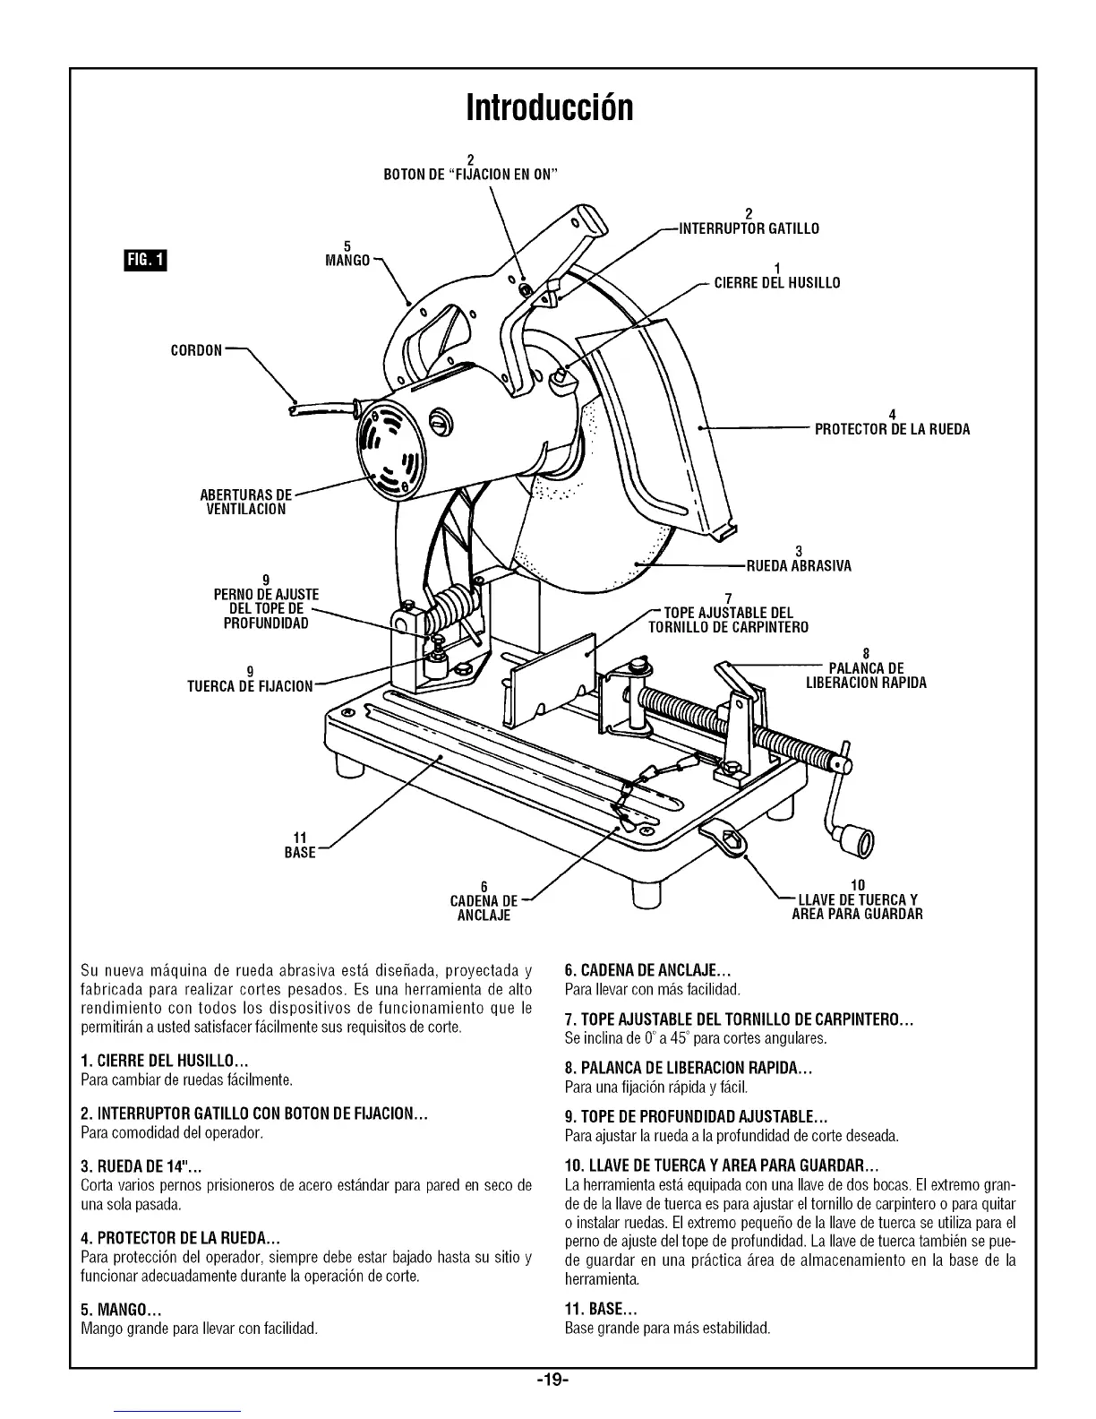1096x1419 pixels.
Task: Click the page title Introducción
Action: pyautogui.click(x=549, y=107)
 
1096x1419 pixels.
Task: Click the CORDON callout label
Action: pyautogui.click(x=196, y=349)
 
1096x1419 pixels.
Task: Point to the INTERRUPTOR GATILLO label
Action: pyautogui.click(x=749, y=228)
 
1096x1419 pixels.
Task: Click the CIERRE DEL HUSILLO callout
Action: pyautogui.click(x=776, y=283)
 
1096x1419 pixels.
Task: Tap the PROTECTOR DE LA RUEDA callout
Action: pyautogui.click(x=892, y=429)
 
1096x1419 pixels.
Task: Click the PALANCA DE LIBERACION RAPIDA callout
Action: pyautogui.click(x=866, y=675)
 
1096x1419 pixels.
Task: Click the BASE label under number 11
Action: pyautogui.click(x=300, y=853)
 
